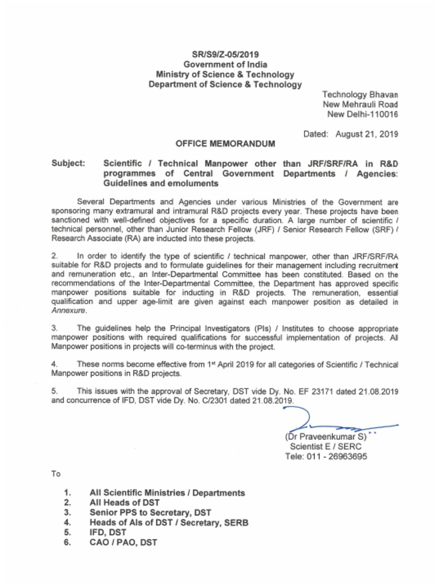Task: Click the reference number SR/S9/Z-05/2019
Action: [x=225, y=55]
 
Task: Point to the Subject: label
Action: [x=68, y=163]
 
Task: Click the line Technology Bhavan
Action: [x=360, y=94]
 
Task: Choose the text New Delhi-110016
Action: [x=362, y=114]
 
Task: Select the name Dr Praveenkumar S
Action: [x=325, y=437]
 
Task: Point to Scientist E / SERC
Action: [x=325, y=447]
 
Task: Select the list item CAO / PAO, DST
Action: [x=122, y=543]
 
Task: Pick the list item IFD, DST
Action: [x=108, y=532]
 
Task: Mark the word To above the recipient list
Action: [x=56, y=474]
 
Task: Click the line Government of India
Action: [x=225, y=65]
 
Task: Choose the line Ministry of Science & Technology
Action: [x=225, y=74]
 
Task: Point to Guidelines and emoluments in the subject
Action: [x=161, y=184]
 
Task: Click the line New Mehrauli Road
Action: [x=360, y=105]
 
